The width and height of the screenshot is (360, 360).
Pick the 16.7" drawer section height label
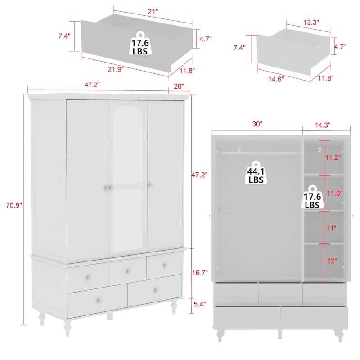[200, 273]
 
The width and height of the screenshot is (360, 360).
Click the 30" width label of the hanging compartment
[257, 125]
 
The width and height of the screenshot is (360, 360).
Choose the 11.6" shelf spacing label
[334, 193]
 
